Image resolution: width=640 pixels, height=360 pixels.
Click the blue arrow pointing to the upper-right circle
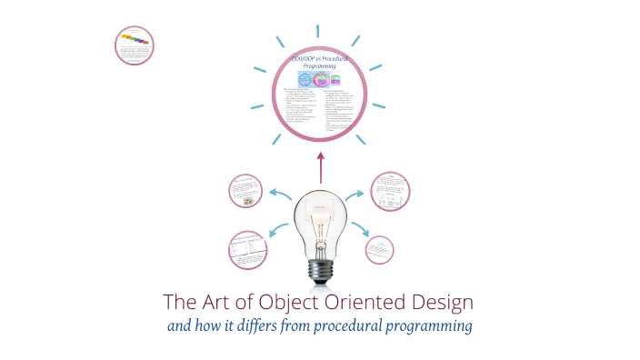click(357, 194)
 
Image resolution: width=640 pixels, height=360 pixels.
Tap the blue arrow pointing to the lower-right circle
click(356, 232)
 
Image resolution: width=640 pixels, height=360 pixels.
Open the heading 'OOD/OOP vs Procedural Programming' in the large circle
click(320, 63)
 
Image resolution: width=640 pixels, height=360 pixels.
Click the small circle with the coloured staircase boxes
click(135, 43)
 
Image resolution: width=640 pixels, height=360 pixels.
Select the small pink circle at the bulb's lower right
click(379, 250)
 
